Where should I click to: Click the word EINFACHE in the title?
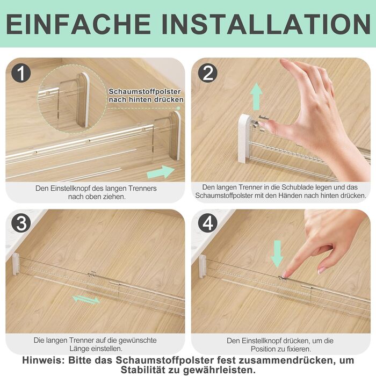click(x=78, y=24)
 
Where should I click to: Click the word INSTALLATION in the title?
click(x=266, y=24)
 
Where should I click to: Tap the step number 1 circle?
click(x=21, y=73)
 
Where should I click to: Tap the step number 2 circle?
click(x=208, y=73)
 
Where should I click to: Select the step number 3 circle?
click(x=21, y=223)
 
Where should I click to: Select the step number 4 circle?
click(x=208, y=223)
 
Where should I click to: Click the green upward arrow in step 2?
click(x=257, y=96)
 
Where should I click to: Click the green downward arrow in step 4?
click(x=277, y=254)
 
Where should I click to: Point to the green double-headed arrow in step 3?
click(x=86, y=300)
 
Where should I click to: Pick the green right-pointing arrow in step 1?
click(x=161, y=172)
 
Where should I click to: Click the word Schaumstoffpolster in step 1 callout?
click(x=144, y=92)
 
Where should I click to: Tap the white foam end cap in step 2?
click(x=244, y=139)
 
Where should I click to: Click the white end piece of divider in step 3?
click(x=16, y=264)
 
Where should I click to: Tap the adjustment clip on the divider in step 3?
click(x=92, y=274)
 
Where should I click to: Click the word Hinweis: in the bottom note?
click(x=44, y=360)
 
